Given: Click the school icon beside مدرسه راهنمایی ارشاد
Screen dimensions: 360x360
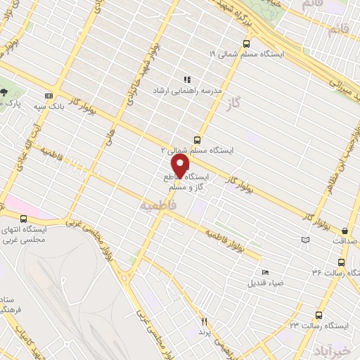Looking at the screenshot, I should [x=187, y=80].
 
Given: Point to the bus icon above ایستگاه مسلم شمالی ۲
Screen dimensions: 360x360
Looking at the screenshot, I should [x=196, y=139].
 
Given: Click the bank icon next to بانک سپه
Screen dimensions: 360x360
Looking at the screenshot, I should [x=49, y=96].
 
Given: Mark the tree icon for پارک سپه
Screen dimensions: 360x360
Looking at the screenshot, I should [x=4, y=91].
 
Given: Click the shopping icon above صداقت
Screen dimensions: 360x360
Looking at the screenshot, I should [x=345, y=230].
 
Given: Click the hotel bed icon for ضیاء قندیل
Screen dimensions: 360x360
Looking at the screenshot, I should [x=265, y=272].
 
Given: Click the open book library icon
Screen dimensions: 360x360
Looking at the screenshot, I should [x=304, y=240].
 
